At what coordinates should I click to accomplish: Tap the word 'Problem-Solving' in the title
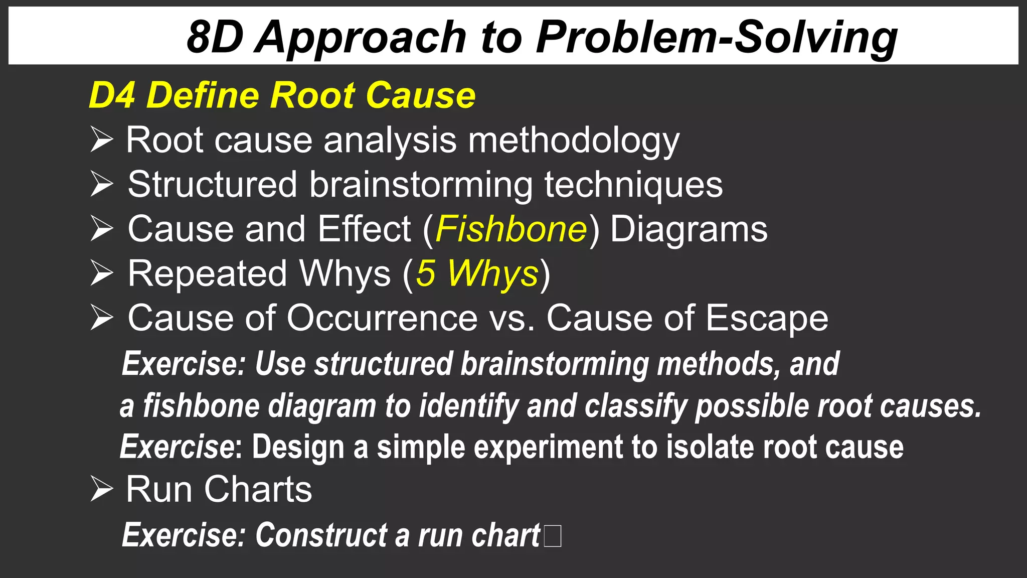coord(717,38)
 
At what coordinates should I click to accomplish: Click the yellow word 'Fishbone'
coord(511,229)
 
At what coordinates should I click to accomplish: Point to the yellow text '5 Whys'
coord(477,274)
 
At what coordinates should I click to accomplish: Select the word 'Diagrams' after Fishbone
coord(689,229)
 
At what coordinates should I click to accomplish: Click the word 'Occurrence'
coord(382,318)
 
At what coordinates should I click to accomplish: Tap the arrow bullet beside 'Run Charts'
coord(102,489)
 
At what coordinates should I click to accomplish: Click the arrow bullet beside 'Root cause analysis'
coord(102,139)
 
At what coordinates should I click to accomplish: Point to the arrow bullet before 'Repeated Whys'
coord(102,273)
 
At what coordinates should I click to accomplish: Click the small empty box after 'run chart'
coord(552,535)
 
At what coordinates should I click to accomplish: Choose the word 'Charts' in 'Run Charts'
coord(258,489)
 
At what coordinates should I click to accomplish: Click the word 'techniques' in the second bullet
coord(633,185)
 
